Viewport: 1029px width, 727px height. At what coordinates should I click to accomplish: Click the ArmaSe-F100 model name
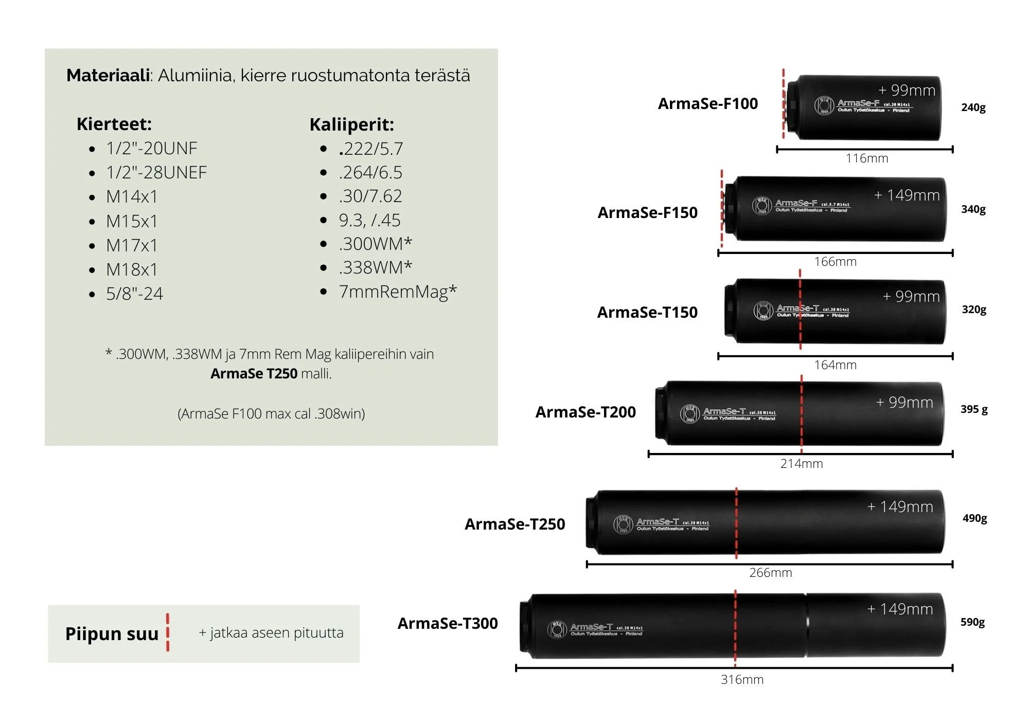pos(707,104)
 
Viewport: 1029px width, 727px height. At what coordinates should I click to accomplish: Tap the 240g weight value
pos(973,107)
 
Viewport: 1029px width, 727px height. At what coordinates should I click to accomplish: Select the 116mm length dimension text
pos(866,158)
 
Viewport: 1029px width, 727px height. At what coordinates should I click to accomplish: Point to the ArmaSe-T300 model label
pos(448,624)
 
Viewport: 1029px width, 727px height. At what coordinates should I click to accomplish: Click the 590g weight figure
pos(972,622)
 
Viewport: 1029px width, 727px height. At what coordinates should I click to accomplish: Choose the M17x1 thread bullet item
pos(132,246)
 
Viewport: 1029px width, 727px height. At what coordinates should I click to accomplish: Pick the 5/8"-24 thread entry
pos(134,294)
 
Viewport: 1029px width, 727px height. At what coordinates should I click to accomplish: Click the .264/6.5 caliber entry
pos(370,173)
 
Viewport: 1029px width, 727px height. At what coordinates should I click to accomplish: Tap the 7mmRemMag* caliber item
pos(397,292)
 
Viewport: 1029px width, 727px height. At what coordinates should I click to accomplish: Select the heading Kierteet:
pos(114,124)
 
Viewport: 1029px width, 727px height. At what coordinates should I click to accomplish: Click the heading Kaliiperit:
pos(351,124)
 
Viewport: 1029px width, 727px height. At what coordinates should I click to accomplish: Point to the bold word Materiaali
pos(108,76)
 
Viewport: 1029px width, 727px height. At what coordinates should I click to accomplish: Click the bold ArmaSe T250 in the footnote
pos(254,374)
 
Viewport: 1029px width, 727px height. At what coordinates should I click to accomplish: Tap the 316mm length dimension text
pos(742,680)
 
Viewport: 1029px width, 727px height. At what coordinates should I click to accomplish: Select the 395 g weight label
pos(974,409)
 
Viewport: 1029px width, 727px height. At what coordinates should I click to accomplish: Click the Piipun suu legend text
pos(112,634)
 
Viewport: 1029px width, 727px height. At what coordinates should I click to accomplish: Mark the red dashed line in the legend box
pos(168,632)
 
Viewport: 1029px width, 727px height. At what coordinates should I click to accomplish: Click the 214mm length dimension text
pos(801,464)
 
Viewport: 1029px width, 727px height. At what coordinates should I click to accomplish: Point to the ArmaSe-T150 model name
pos(647,313)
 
